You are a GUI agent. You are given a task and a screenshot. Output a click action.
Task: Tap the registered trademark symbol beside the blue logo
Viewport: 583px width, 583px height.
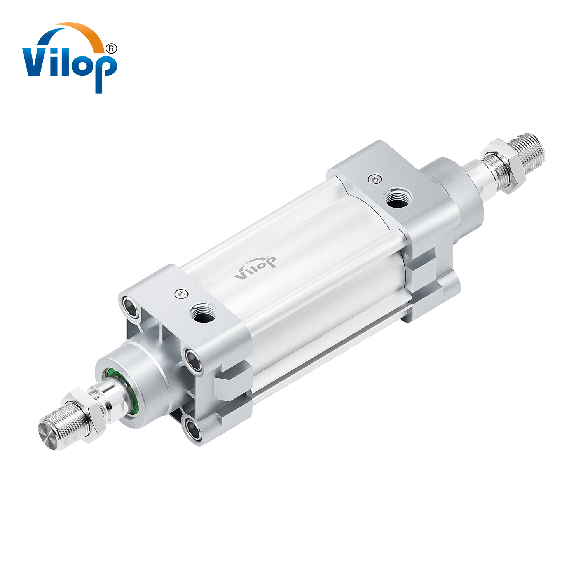[111, 48]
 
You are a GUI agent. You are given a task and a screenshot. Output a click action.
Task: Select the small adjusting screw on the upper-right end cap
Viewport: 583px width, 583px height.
[374, 179]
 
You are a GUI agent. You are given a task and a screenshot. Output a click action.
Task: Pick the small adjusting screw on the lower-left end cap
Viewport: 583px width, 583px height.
[181, 293]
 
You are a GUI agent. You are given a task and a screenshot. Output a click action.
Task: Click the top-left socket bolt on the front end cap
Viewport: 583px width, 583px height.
[131, 306]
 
